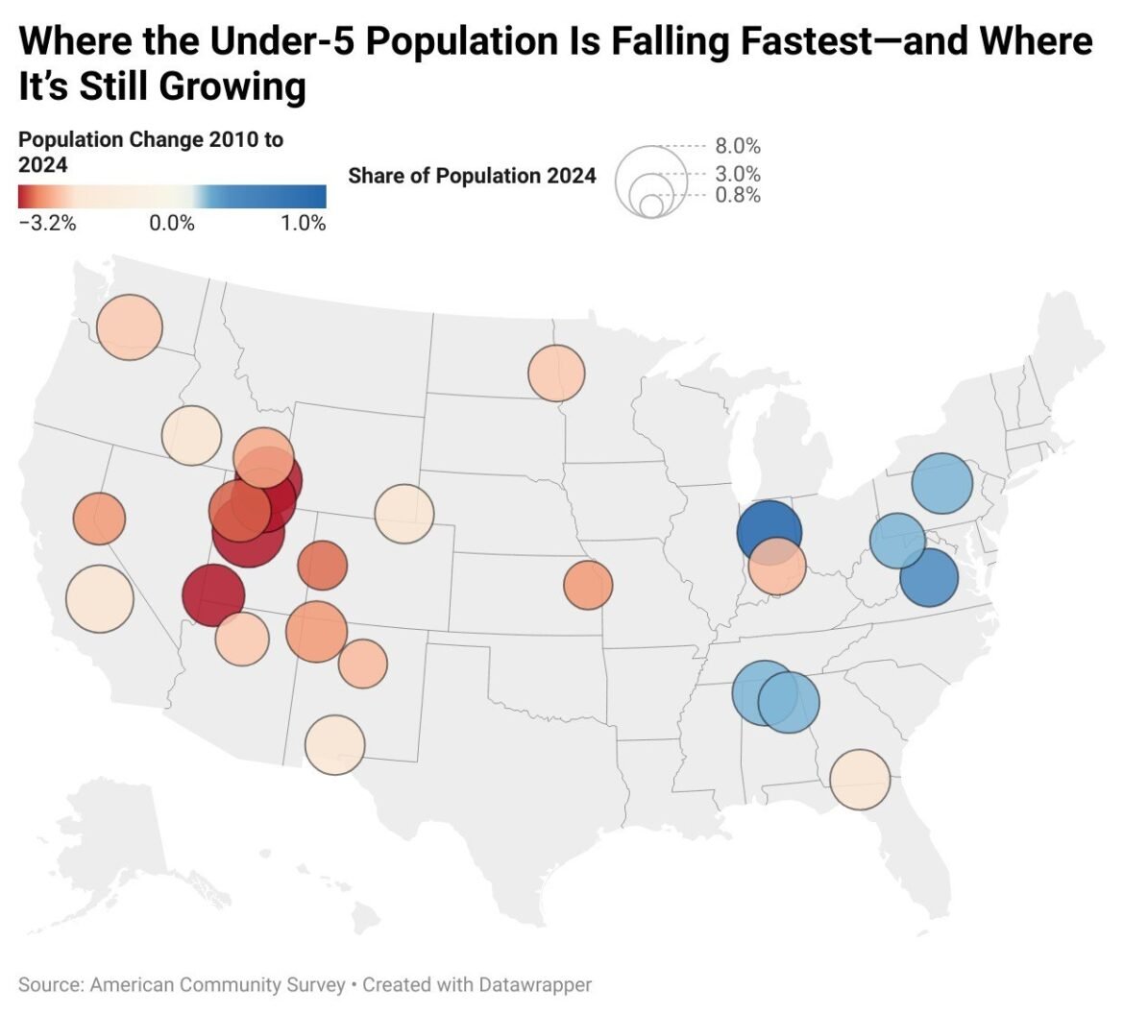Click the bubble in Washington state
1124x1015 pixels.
(x=130, y=327)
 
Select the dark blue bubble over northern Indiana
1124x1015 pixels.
(x=769, y=531)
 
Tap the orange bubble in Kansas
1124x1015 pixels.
(x=588, y=585)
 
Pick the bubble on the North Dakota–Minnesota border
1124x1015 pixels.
(x=556, y=373)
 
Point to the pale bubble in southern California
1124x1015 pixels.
(x=99, y=598)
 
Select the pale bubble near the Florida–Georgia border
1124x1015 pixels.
(x=860, y=779)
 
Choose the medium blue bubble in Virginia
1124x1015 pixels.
(x=930, y=578)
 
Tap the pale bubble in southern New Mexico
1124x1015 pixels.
(x=335, y=744)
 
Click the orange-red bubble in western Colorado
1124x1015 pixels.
(x=322, y=565)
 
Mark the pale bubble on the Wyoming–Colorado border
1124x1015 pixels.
(x=404, y=514)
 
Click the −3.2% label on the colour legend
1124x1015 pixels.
(x=47, y=224)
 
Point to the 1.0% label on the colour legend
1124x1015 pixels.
(x=304, y=224)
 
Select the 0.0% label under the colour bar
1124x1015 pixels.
(x=173, y=224)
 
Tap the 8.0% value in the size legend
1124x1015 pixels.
(x=738, y=147)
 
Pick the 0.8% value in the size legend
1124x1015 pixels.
(x=738, y=196)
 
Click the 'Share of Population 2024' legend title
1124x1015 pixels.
(x=472, y=176)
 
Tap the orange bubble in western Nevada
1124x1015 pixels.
(x=99, y=519)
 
